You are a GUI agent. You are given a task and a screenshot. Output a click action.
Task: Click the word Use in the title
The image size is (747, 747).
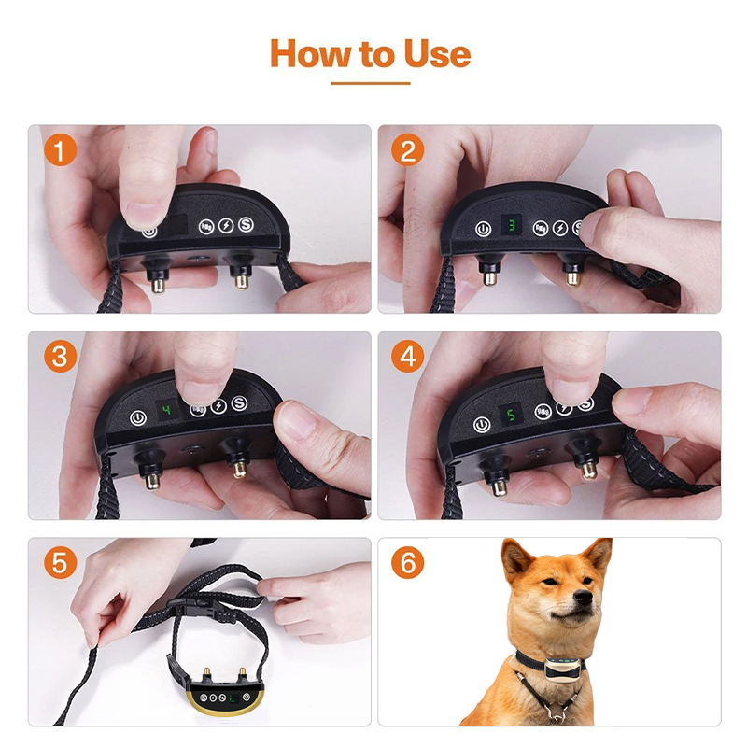437,53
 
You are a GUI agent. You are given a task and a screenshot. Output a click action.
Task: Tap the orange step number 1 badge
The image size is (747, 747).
60,149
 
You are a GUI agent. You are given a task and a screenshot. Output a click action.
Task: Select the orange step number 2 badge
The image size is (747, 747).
408,149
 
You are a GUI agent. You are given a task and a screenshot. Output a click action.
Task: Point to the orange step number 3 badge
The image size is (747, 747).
60,357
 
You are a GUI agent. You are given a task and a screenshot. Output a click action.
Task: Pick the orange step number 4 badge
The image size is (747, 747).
408,357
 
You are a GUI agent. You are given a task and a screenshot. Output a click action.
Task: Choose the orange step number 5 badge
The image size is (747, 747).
60,563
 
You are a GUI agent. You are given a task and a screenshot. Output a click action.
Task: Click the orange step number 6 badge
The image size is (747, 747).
408,563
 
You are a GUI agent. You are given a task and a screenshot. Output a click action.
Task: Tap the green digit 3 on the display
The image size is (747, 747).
512,225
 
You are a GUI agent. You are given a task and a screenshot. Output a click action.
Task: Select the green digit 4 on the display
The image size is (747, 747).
166,410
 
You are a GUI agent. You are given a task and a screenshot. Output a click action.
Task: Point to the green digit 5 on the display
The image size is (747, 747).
511,415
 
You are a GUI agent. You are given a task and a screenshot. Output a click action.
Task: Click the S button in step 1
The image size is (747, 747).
246,224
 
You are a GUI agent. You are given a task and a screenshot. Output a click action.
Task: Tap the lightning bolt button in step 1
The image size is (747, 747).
226,226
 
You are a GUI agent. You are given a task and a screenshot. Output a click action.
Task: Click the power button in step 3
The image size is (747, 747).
137,418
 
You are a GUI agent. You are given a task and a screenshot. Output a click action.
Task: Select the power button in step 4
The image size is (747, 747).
482,425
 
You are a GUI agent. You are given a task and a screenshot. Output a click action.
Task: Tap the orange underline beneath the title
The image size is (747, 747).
371,83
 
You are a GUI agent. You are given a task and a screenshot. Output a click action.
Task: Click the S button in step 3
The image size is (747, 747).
239,403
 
